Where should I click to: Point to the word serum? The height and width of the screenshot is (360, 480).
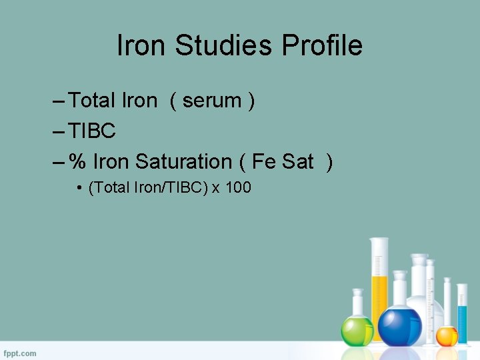click(x=212, y=101)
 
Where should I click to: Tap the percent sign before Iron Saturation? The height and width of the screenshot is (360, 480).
click(x=78, y=161)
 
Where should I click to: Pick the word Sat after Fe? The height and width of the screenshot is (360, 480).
click(x=298, y=161)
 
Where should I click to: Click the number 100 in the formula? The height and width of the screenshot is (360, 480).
click(x=239, y=188)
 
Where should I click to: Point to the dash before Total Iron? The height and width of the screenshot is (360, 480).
click(x=57, y=101)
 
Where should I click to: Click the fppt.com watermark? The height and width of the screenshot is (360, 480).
click(x=20, y=353)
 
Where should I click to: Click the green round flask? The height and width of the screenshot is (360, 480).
click(x=357, y=330)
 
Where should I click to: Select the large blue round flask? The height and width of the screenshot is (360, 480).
click(x=399, y=325)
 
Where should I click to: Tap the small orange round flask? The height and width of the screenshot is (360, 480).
click(x=446, y=335)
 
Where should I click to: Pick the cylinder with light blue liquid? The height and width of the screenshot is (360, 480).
click(x=463, y=310)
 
